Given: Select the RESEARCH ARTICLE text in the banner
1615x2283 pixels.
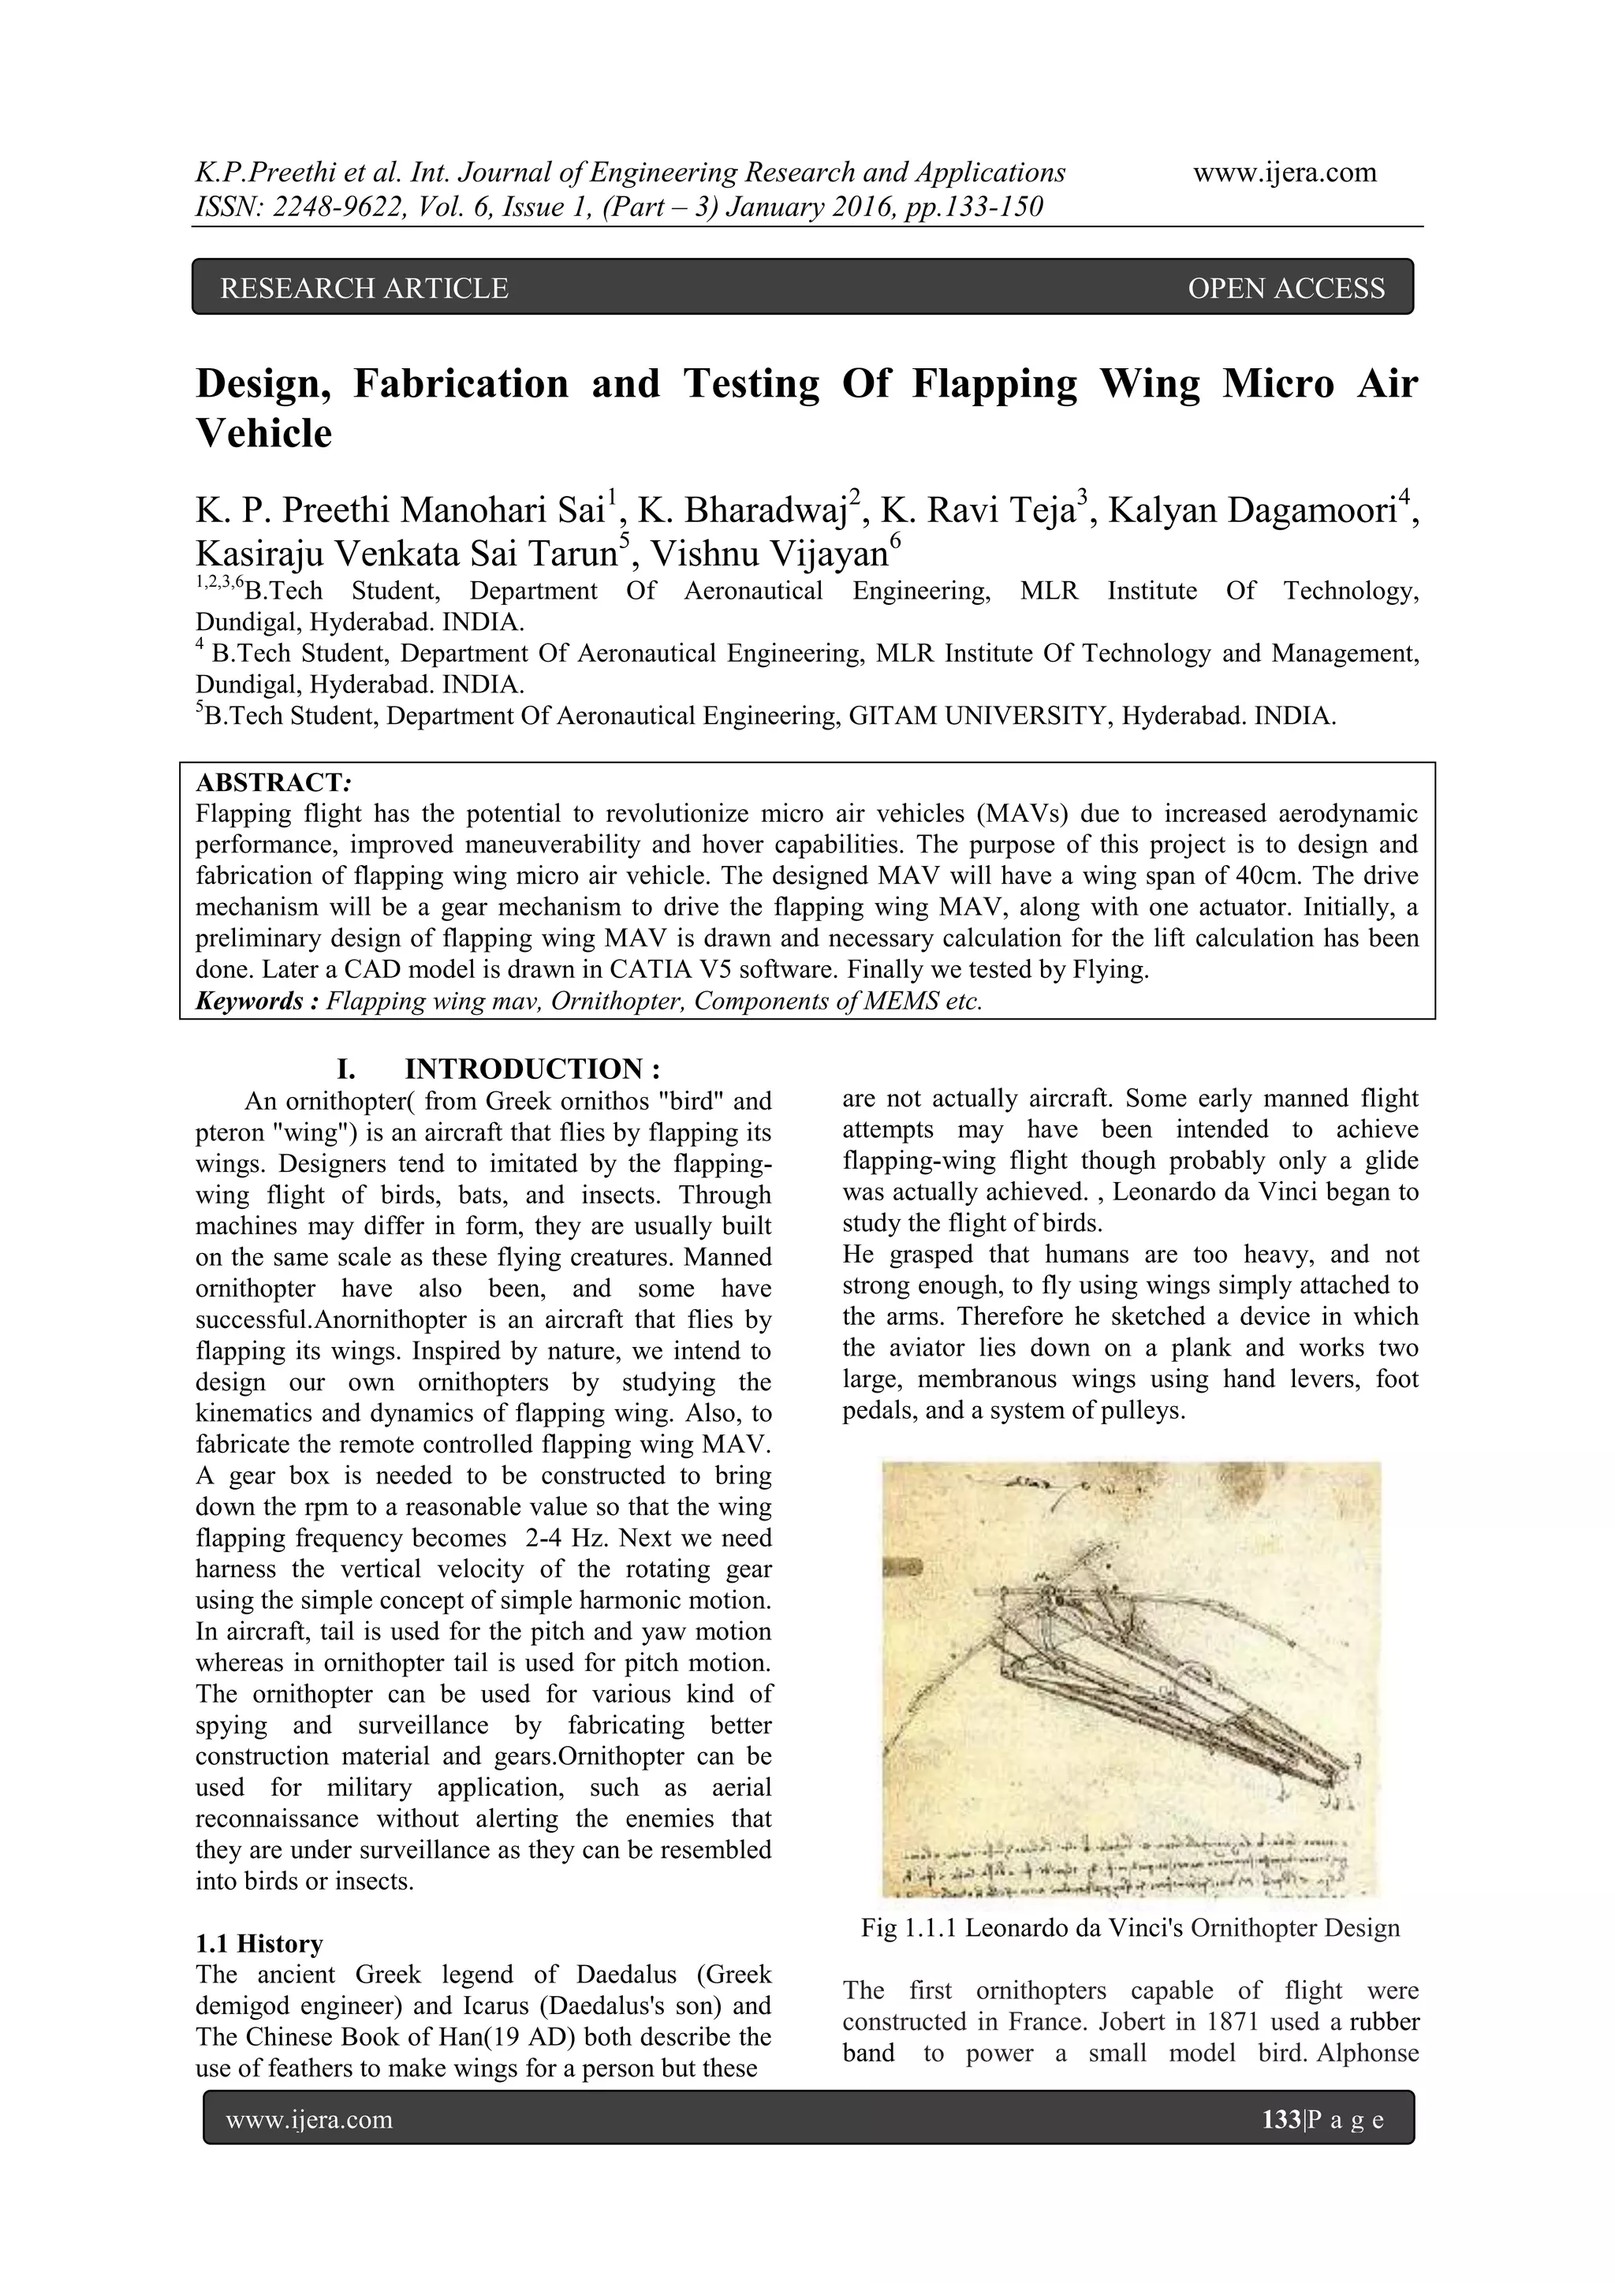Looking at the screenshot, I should [364, 289].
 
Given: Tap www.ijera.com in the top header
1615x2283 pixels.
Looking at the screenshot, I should [1284, 173].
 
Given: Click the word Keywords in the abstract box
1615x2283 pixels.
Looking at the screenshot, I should [252, 1000].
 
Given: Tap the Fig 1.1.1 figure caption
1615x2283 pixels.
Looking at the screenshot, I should [1130, 1928].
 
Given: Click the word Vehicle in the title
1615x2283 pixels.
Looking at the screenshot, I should [263, 434].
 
